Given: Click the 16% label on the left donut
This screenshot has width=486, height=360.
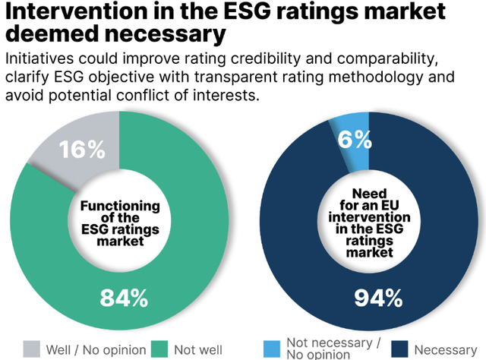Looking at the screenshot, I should (81, 150).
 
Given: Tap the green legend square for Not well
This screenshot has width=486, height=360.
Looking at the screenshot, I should (159, 348).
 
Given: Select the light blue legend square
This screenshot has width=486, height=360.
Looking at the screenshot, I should (272, 348).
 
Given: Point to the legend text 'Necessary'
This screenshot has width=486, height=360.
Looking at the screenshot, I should (446, 349).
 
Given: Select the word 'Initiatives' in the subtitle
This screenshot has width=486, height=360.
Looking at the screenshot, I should (42, 59).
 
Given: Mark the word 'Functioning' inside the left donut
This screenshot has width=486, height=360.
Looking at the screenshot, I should (121, 205).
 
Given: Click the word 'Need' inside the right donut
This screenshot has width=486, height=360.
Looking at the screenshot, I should (377, 193).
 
